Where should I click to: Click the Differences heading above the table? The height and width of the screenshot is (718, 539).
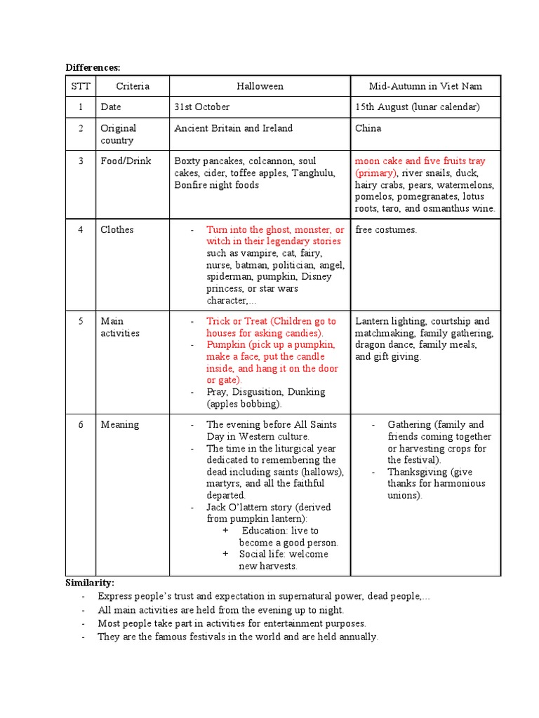93,67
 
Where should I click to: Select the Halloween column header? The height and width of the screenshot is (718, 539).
260,86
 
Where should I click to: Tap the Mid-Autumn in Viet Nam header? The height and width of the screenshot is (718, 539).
425,86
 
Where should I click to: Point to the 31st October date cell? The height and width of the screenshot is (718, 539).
202,107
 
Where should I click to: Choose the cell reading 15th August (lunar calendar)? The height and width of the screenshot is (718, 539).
417,107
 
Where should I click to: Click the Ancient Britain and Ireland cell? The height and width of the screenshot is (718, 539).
233,128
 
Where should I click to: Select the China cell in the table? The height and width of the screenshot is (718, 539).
368,128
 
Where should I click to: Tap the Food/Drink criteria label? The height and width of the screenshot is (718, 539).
126,161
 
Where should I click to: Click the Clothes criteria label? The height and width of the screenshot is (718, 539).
117,229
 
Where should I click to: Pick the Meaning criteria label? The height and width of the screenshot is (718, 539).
119,424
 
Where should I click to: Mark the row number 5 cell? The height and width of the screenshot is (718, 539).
81,321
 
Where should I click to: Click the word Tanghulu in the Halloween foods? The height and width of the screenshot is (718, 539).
314,173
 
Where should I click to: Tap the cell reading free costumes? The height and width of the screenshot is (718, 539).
386,229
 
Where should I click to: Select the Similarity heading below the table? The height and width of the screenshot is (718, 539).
90,583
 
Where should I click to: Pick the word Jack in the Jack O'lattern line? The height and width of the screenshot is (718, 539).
216,507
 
